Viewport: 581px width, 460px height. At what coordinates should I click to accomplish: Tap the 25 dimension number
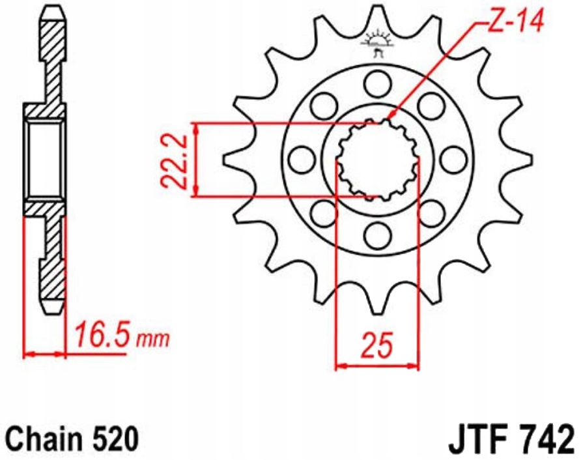[377, 346]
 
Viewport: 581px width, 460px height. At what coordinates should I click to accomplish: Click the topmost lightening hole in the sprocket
[376, 83]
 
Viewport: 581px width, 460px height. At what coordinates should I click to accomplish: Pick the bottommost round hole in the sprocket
[376, 233]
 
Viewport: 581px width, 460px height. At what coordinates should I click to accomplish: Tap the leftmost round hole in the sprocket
[300, 158]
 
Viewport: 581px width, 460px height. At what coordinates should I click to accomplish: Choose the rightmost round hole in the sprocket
[451, 158]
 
